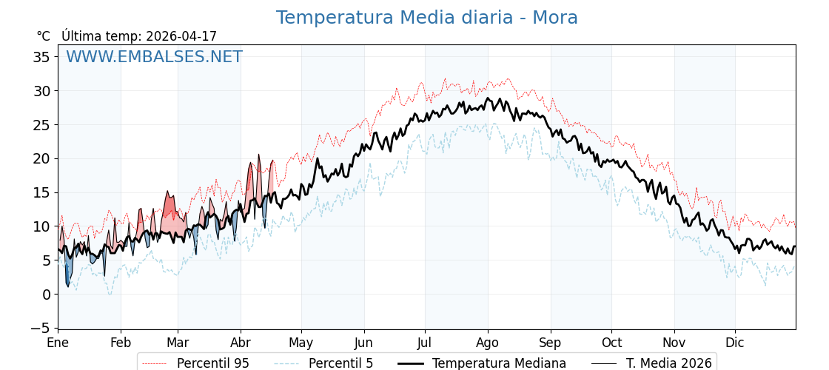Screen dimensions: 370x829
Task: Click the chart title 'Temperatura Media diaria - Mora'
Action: (x=426, y=18)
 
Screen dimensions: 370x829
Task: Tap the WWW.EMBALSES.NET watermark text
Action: (x=154, y=57)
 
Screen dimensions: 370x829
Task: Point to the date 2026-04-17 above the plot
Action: (x=181, y=36)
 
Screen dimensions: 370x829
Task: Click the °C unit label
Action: (x=43, y=36)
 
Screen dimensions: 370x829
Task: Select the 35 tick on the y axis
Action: (x=41, y=57)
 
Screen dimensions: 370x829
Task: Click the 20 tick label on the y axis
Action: (x=41, y=158)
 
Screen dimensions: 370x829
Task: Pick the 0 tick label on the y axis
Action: (x=46, y=294)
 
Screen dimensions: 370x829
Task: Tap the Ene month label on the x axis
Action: (x=58, y=343)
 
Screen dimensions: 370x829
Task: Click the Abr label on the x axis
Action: (x=241, y=343)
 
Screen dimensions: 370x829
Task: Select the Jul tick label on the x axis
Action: (x=425, y=343)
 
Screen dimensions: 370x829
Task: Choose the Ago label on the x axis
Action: (x=488, y=343)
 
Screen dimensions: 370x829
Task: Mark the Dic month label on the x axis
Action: (x=735, y=343)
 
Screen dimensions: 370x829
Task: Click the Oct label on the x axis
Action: (x=611, y=343)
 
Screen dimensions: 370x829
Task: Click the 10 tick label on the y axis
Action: (x=41, y=226)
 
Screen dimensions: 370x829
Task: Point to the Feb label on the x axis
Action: (x=121, y=343)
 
